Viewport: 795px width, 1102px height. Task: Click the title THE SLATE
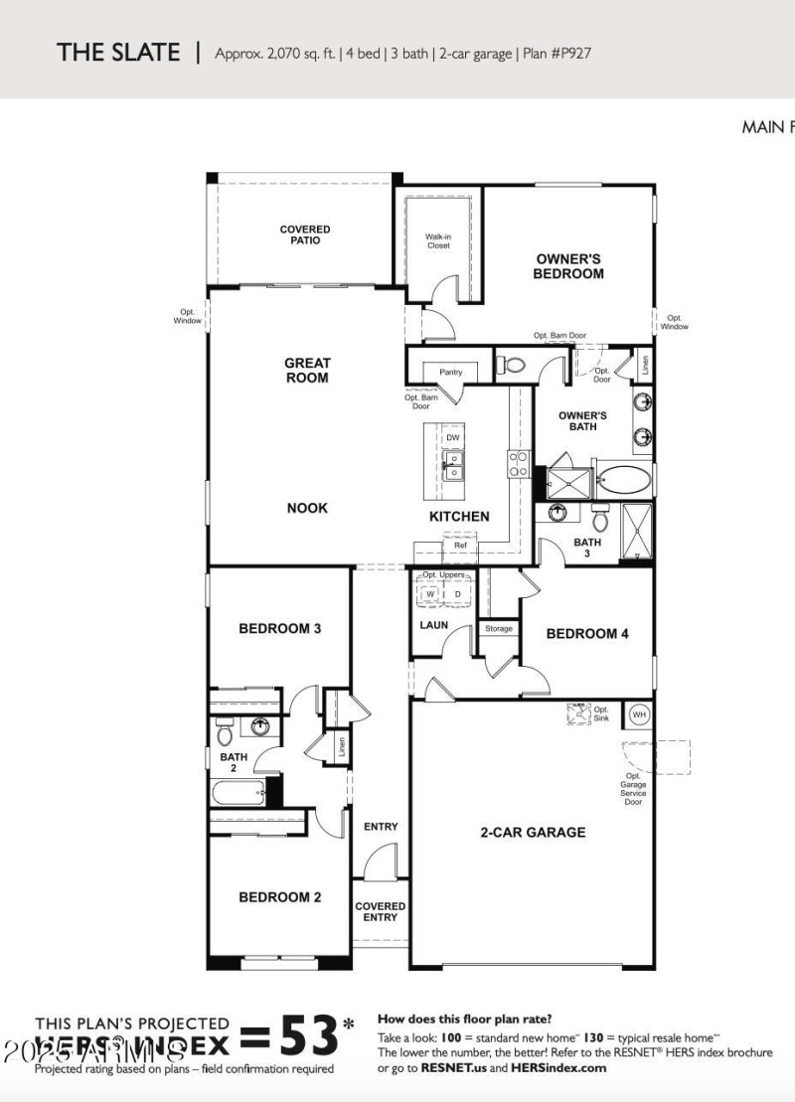point(118,53)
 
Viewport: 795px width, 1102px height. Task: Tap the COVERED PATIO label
point(305,235)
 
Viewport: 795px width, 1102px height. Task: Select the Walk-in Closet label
point(438,240)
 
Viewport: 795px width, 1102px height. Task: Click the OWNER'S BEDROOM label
point(568,266)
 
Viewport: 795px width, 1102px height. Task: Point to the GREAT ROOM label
point(307,371)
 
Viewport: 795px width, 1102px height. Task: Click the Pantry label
point(450,373)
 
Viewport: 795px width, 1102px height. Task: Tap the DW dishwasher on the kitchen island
point(452,437)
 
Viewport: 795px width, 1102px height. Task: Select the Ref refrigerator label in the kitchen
point(460,546)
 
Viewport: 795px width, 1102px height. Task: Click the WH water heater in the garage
point(639,714)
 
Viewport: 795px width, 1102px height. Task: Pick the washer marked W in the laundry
point(430,594)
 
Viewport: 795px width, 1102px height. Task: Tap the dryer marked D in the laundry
point(457,594)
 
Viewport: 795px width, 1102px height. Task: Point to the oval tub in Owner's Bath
point(624,481)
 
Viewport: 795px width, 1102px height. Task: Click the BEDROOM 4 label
point(587,634)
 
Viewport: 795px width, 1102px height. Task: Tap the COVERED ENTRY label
point(381,911)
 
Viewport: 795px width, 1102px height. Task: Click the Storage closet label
point(499,629)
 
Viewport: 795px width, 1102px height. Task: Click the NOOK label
point(307,508)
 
